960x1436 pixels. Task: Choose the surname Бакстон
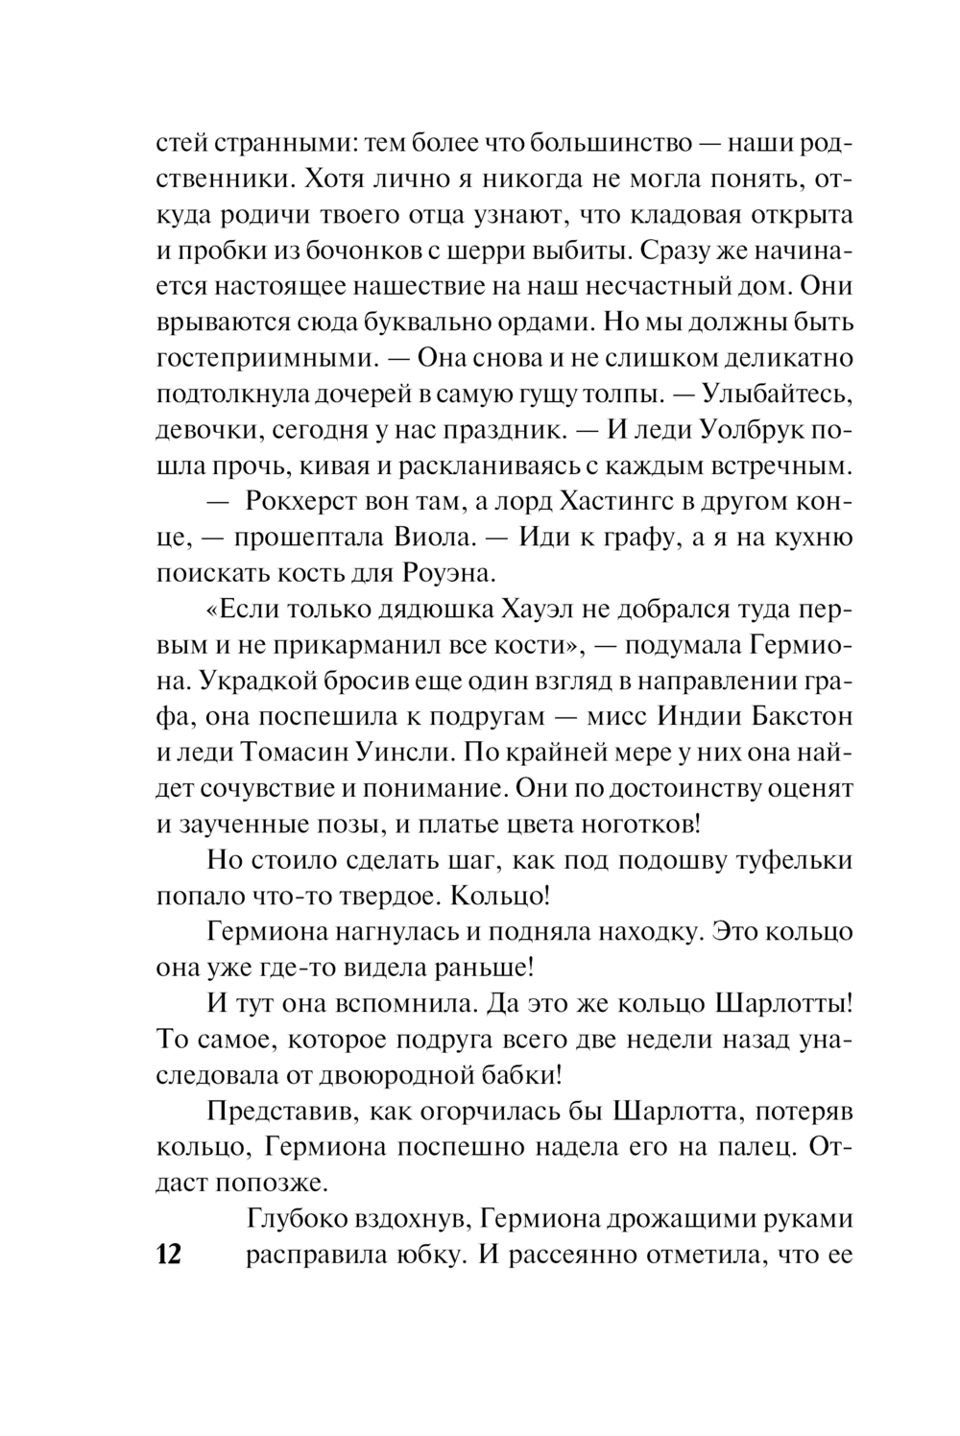click(800, 716)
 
